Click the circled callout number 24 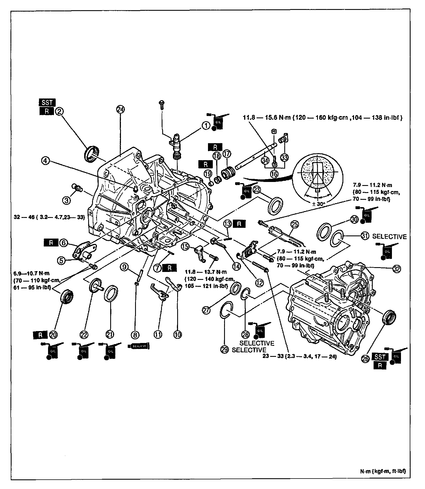click(121, 110)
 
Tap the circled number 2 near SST click(59, 111)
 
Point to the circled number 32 click(396, 269)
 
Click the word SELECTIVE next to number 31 click(389, 237)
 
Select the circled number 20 click(53, 335)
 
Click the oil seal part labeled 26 click(389, 317)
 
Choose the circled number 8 click(135, 335)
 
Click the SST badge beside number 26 click(380, 357)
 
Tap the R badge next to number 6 click(51, 243)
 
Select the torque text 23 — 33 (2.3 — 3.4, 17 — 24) click(300, 357)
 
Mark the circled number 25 click(294, 225)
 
